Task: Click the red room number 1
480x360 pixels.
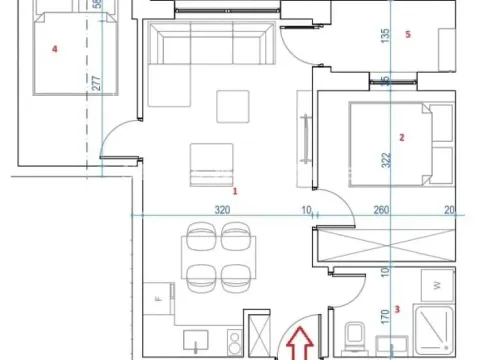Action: point(235,191)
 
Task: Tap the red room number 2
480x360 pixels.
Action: point(402,137)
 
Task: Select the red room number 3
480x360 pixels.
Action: point(397,309)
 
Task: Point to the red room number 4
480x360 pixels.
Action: point(55,49)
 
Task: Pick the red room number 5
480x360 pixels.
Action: point(408,34)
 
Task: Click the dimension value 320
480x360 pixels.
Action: point(222,210)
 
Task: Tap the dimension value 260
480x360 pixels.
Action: point(381,210)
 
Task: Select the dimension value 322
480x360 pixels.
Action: point(386,160)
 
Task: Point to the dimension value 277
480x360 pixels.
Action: point(96,83)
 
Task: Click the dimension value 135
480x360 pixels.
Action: point(385,36)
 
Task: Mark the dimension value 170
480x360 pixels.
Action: point(385,317)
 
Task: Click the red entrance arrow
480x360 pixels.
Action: point(300,343)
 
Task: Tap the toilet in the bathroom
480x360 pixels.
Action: point(354,337)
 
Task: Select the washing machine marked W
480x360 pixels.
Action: point(437,285)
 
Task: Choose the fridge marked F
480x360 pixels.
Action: point(159,299)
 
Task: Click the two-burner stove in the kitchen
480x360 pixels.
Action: point(235,342)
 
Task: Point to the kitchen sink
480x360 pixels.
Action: point(196,340)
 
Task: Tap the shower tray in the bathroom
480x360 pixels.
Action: point(434,330)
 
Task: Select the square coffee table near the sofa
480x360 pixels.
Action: point(233,107)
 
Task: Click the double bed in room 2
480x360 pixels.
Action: point(401,144)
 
